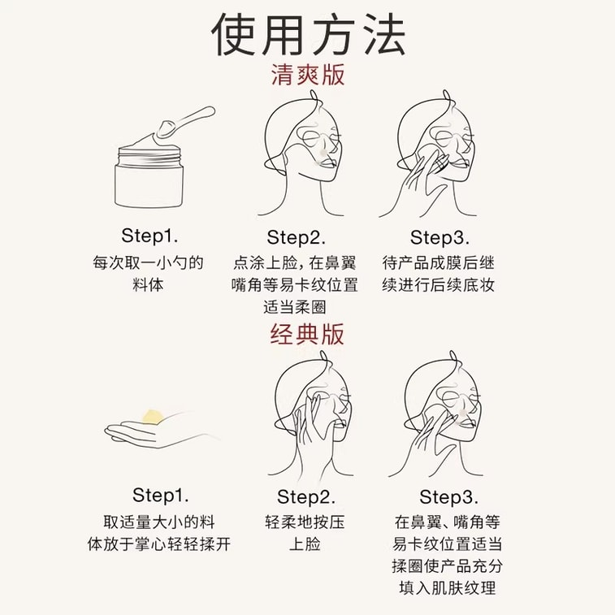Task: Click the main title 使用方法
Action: pos(308,34)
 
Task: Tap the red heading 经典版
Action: pos(308,334)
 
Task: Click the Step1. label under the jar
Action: pos(149,236)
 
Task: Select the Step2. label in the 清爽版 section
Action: pos(296,237)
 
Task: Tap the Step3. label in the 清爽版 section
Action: pos(440,237)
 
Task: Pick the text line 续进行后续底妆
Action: pos(439,285)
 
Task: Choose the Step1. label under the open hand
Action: pos(160,495)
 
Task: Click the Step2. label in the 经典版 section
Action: pos(305,496)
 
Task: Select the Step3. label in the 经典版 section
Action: pos(448,496)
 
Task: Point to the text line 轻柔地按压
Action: pos(305,522)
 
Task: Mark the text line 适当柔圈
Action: pos(295,308)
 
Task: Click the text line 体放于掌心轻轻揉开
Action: pos(159,544)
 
